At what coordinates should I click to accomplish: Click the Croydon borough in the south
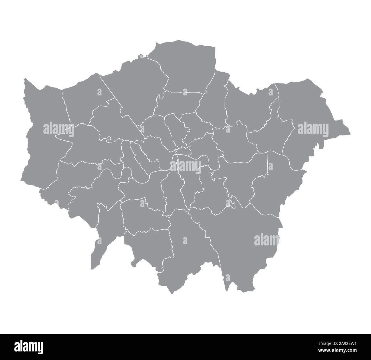tap(188, 246)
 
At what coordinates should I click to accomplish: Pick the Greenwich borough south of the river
tap(243, 177)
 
